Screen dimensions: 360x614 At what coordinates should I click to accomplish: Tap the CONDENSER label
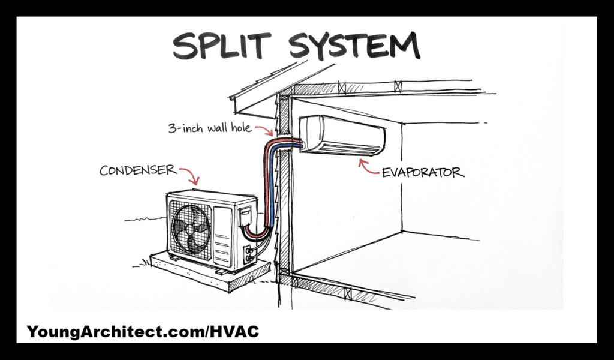[138, 170]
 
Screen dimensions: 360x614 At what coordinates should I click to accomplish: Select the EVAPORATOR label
[423, 172]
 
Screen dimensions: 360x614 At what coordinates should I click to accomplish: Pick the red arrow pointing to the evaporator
[366, 167]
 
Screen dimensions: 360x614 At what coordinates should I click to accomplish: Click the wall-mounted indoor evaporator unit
[342, 135]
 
